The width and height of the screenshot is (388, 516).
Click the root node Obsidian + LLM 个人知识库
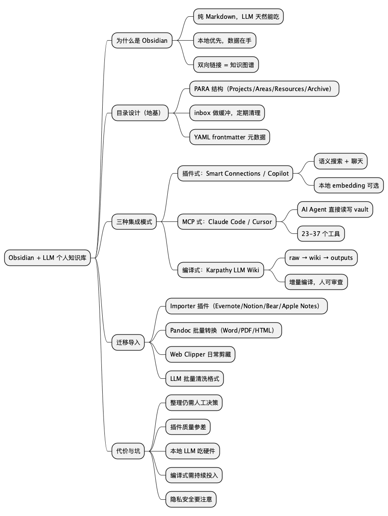[x=47, y=258]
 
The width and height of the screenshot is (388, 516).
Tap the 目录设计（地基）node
[x=139, y=113]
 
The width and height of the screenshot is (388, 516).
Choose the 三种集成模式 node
[x=134, y=222]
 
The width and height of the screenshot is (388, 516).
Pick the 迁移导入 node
[x=128, y=342]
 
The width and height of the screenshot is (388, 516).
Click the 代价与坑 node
[x=128, y=451]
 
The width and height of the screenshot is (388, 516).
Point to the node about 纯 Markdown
[x=238, y=17]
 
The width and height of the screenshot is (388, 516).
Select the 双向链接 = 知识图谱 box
[x=226, y=65]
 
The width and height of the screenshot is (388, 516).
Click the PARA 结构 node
[x=264, y=89]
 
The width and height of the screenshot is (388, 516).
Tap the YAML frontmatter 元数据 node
[x=230, y=137]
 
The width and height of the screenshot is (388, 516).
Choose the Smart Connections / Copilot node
[x=235, y=174]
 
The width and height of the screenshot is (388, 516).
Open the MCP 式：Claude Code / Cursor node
[x=227, y=222]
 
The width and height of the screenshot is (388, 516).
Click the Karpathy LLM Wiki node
[x=221, y=270]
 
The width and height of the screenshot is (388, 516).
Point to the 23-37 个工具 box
[x=321, y=234]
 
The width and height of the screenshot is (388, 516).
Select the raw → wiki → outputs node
[x=321, y=258]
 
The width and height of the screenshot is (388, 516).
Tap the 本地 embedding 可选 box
[x=349, y=186]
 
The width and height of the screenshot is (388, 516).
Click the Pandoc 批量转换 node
[x=224, y=330]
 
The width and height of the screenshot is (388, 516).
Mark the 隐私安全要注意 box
[x=191, y=499]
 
